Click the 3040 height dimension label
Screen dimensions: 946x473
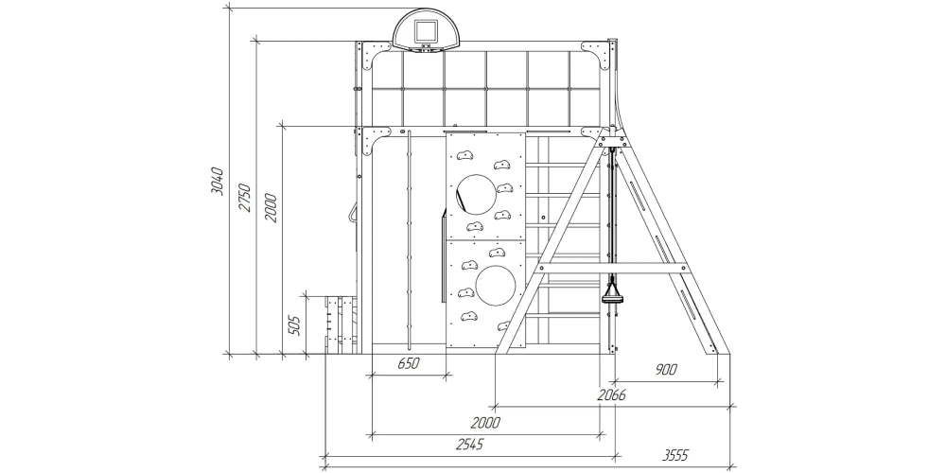pyautogui.click(x=218, y=181)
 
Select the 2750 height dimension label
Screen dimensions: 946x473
pyautogui.click(x=245, y=197)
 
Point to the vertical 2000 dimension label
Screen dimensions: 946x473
pyautogui.click(x=271, y=208)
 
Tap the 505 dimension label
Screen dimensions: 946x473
pyautogui.click(x=294, y=324)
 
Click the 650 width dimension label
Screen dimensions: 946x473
pyautogui.click(x=409, y=364)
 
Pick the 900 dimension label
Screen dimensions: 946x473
pyautogui.click(x=665, y=370)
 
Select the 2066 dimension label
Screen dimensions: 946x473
pyautogui.click(x=611, y=395)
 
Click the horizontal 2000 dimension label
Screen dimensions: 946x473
pyautogui.click(x=485, y=422)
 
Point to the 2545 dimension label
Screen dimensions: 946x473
pyautogui.click(x=469, y=445)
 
